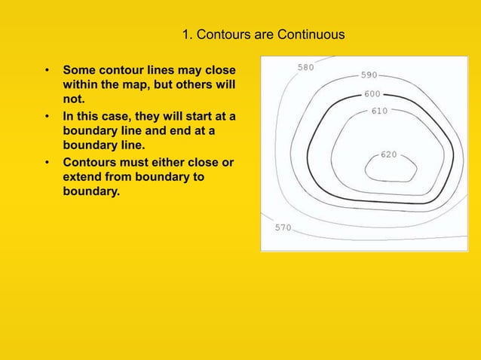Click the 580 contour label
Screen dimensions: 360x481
[x=306, y=67]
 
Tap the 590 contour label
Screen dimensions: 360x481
[x=369, y=75]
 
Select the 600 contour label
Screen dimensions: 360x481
[x=372, y=94]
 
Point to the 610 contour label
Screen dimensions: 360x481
[x=379, y=111]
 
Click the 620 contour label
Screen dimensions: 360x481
[x=389, y=154]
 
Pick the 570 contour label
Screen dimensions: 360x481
[x=282, y=227]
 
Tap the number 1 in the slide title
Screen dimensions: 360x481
[x=185, y=35]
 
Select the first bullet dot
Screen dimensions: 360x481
[x=47, y=72]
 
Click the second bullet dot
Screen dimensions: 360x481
[x=47, y=117]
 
